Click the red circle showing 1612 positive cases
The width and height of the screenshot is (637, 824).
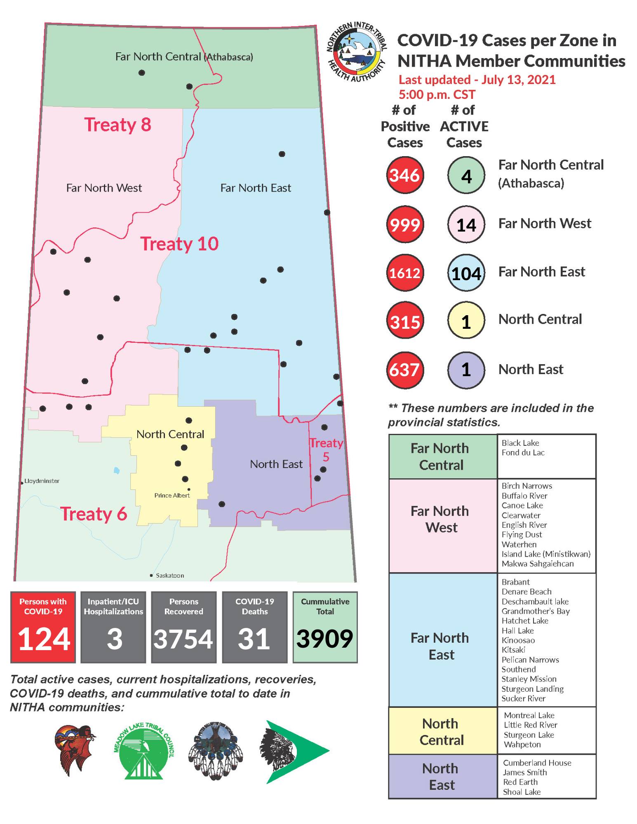[x=405, y=273]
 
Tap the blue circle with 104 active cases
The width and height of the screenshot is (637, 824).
[x=466, y=273]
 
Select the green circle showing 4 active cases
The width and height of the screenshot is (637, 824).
[x=466, y=176]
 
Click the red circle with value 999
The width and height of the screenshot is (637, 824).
[x=405, y=225]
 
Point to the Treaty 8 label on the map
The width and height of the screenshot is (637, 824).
[x=118, y=124]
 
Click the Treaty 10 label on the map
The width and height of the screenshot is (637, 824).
[x=179, y=243]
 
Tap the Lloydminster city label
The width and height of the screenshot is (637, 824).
[x=42, y=481]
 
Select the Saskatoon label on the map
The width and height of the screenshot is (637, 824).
[x=169, y=576]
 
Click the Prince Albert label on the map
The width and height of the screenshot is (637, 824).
[x=172, y=495]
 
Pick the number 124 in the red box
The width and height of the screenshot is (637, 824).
[x=44, y=639]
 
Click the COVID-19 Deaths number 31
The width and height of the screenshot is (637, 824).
[x=254, y=639]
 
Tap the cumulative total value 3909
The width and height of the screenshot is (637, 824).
[x=325, y=639]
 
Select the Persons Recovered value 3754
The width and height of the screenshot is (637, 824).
[x=183, y=639]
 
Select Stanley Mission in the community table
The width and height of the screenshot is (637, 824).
[x=529, y=679]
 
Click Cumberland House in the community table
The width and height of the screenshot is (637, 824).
[x=537, y=763]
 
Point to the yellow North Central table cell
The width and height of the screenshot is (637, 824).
[x=442, y=731]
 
